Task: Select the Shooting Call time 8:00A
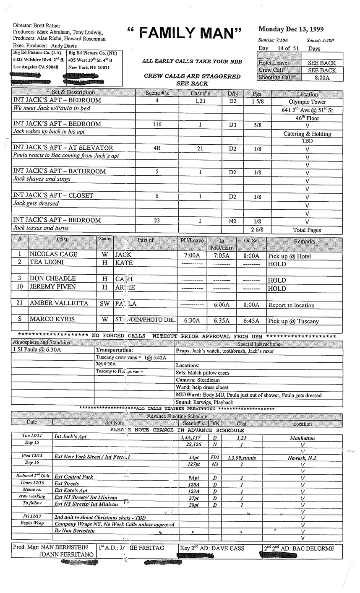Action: [322, 78]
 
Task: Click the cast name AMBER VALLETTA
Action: [59, 303]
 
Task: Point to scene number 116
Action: [157, 125]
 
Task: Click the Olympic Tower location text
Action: [308, 102]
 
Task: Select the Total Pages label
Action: [308, 230]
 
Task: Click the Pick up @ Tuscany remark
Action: [293, 321]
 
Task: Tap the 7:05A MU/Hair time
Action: [222, 255]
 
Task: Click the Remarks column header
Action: [304, 241]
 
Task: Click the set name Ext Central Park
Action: [74, 477]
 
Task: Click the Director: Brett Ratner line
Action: [37, 25]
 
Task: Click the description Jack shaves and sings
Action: [42, 179]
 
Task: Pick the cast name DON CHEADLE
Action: [52, 278]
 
